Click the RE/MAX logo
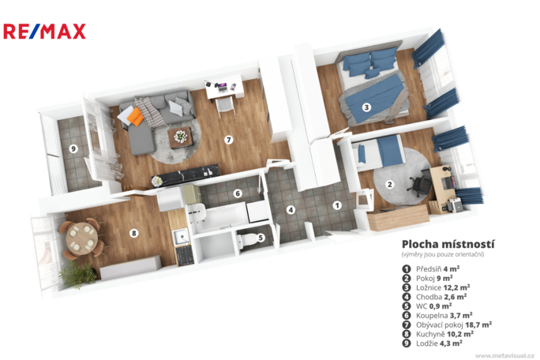pyautogui.click(x=44, y=32)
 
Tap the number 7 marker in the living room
pyautogui.click(x=228, y=140)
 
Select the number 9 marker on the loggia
pyautogui.click(x=73, y=149)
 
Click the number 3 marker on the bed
pyautogui.click(x=366, y=107)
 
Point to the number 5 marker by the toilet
pyautogui.click(x=261, y=238)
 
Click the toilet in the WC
pyautogui.click(x=247, y=240)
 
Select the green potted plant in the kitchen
pyautogui.click(x=77, y=274)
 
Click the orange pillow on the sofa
pyautogui.click(x=135, y=117)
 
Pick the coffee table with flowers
pyautogui.click(x=181, y=137)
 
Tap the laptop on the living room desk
pyautogui.click(x=221, y=87)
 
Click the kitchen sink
pyautogui.click(x=181, y=237)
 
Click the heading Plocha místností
pyautogui.click(x=448, y=245)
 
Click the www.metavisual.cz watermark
pyautogui.click(x=505, y=355)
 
